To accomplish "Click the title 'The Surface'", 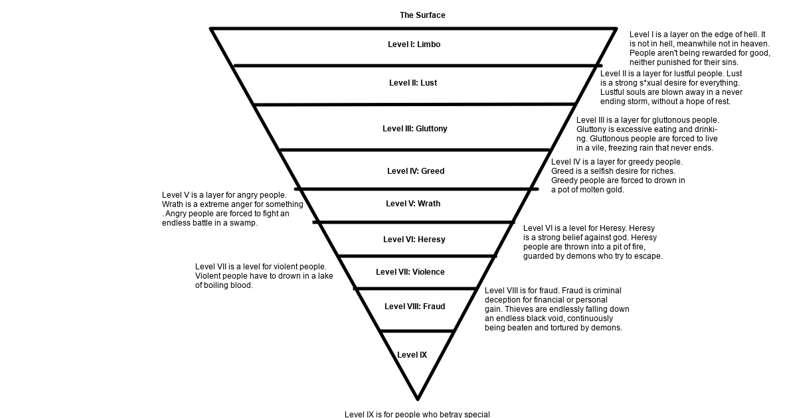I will (422, 15).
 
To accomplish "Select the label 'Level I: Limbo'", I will (414, 44).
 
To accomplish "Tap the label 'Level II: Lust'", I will (412, 83).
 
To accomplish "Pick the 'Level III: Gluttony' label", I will (415, 129).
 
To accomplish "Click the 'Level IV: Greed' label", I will (416, 171).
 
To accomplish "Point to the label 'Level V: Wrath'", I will (413, 204).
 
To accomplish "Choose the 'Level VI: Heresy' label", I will (414, 240).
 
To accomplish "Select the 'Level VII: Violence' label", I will (410, 272).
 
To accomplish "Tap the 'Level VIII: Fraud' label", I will (415, 307).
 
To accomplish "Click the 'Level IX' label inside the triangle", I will (412, 355).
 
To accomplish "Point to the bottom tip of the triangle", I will (418, 399).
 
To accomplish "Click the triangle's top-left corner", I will (211, 29).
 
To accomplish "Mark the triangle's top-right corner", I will (616, 29).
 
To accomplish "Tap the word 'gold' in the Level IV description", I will (615, 190).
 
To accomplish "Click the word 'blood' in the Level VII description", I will (242, 285).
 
